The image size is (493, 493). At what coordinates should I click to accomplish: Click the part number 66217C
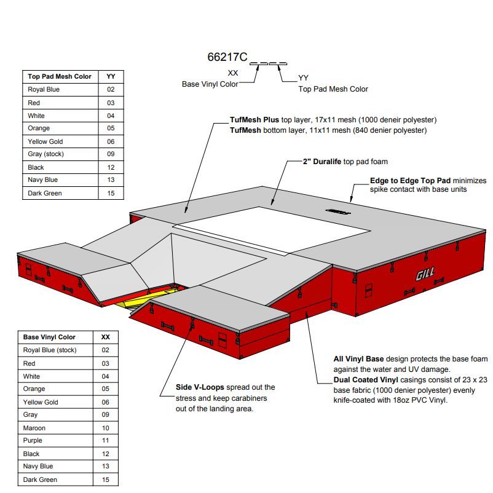227,57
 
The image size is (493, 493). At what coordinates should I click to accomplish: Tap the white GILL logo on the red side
425,274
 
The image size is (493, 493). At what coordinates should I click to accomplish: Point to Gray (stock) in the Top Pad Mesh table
45,154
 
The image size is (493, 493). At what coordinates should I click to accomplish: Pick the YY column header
111,76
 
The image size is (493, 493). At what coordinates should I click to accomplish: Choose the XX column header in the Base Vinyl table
105,337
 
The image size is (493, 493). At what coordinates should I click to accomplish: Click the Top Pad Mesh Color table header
60,76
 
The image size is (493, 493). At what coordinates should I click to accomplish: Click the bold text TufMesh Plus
254,120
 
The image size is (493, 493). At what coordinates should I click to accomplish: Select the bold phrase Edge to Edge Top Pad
410,181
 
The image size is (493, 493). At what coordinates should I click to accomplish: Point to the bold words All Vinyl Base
358,359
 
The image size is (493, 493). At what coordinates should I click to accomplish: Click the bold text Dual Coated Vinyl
366,380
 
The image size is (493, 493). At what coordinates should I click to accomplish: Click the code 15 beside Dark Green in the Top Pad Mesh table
111,194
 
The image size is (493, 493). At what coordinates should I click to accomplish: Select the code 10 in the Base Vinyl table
105,428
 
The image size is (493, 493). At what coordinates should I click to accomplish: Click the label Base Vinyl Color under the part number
210,84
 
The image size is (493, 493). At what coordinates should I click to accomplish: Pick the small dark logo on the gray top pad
338,211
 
